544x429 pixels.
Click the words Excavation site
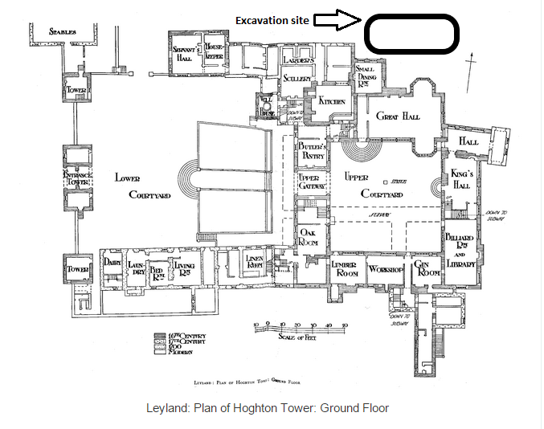[272, 19]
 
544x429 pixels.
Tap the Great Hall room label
[399, 116]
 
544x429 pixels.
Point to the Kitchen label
[332, 102]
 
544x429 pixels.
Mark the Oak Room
[310, 237]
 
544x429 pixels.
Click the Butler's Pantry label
[311, 151]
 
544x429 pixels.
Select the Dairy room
[111, 262]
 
